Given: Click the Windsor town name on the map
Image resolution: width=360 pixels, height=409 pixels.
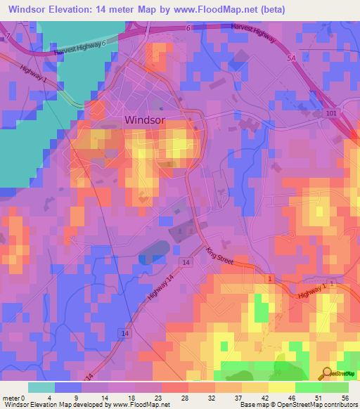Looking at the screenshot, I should (145, 119).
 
